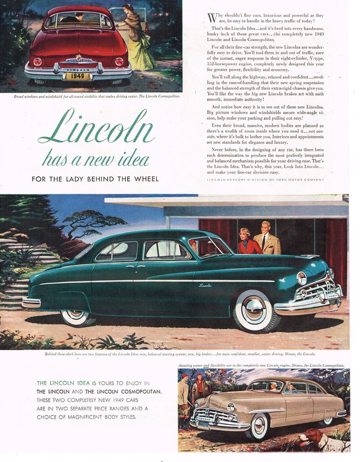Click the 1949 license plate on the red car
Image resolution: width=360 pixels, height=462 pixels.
(x=78, y=76)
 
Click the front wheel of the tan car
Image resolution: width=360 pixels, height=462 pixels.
(x=256, y=425)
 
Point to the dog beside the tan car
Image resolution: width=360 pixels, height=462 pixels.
(x=332, y=438)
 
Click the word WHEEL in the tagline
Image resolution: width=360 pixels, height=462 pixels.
(x=144, y=179)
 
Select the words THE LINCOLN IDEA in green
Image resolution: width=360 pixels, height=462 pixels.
(x=60, y=383)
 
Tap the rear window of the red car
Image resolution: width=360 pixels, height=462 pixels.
(x=78, y=21)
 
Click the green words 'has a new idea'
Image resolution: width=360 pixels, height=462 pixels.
(x=96, y=159)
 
